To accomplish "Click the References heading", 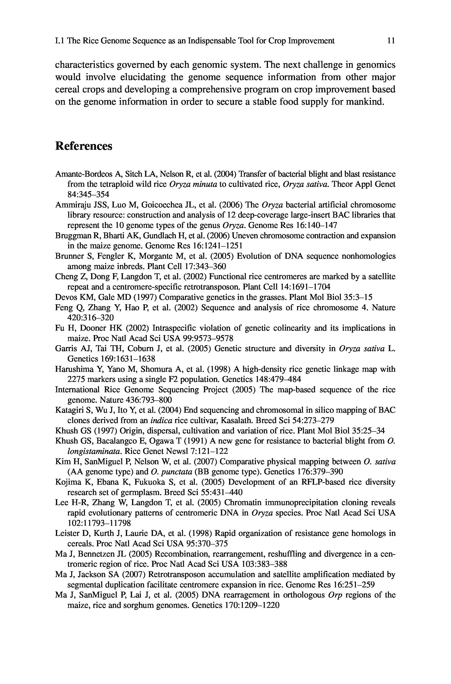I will (84, 146).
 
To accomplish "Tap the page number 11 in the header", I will (391, 41).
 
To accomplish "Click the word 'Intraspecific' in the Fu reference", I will (171, 328).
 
